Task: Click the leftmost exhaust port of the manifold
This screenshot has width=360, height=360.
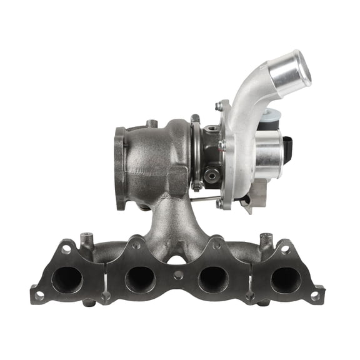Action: click(67, 279)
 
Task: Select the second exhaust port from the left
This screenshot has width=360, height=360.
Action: click(140, 279)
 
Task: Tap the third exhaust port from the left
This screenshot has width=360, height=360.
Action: click(213, 279)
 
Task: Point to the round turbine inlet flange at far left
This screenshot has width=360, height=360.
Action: click(120, 167)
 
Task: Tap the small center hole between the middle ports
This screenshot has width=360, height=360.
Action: click(179, 275)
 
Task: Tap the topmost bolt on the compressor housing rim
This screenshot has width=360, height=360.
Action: click(218, 106)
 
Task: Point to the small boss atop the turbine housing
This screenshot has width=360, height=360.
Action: click(151, 123)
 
